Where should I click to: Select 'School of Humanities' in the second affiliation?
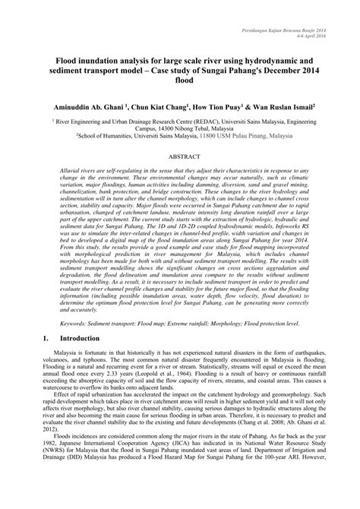[110, 138]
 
